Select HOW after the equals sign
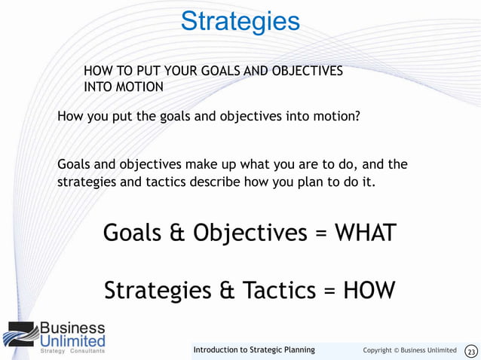point(369,290)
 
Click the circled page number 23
point(471,351)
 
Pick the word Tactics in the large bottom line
point(274,290)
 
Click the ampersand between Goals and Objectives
point(176,233)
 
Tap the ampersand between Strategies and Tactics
point(222,290)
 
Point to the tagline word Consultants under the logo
point(87,351)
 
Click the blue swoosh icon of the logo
point(20,334)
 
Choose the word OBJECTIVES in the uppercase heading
point(305,71)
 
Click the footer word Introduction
point(219,350)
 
